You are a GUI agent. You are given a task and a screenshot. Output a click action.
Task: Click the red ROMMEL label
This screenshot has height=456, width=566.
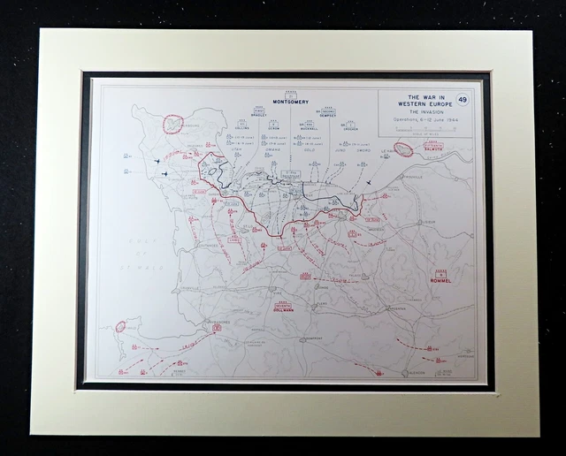tap(440, 280)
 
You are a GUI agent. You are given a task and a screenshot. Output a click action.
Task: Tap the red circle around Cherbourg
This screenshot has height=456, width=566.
tap(172, 124)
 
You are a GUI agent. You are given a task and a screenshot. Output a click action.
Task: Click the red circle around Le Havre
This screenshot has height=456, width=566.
tap(403, 149)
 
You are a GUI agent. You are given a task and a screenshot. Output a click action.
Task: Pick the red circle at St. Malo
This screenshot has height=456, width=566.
tap(121, 326)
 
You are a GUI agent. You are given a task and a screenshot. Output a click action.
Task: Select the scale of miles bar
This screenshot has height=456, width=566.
tap(425, 129)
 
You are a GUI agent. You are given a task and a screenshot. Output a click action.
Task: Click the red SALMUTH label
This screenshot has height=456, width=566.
tap(433, 148)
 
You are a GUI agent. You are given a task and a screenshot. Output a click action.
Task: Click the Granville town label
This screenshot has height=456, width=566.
tap(183, 262)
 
